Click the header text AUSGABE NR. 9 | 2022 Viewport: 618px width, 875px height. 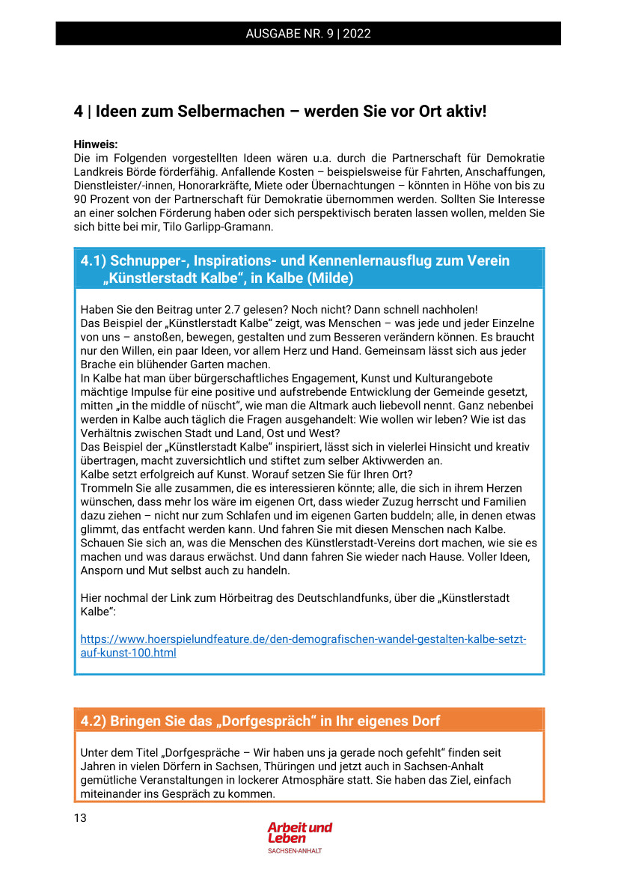pyautogui.click(x=308, y=34)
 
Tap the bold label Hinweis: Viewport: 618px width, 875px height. pyautogui.click(x=96, y=144)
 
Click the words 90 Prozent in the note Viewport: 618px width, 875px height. pyautogui.click(x=103, y=199)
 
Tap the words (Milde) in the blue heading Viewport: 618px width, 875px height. pyautogui.click(x=329, y=278)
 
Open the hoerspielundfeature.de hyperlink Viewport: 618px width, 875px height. pyautogui.click(x=303, y=640)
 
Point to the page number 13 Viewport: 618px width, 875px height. pyautogui.click(x=80, y=817)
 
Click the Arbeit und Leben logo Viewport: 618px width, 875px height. pyautogui.click(x=299, y=832)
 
